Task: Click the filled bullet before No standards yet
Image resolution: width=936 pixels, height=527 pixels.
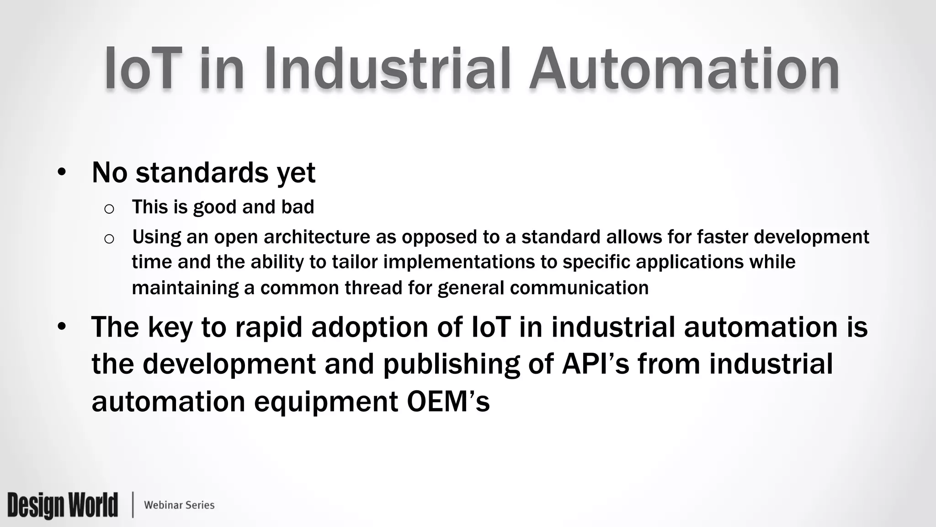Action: [62, 172]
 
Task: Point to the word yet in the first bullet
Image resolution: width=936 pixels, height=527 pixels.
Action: [296, 173]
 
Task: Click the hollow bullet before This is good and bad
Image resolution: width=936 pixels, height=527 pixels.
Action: [109, 209]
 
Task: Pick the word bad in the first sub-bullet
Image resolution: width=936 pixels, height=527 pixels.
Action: [298, 207]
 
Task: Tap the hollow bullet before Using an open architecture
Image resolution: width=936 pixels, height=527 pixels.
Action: [109, 239]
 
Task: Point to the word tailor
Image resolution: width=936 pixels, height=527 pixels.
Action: [355, 262]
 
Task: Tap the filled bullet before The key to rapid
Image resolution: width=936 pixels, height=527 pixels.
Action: [62, 327]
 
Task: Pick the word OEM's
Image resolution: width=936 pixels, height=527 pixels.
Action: [448, 402]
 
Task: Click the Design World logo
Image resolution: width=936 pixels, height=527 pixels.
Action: [63, 505]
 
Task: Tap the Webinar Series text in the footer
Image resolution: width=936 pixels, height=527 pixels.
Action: [179, 505]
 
